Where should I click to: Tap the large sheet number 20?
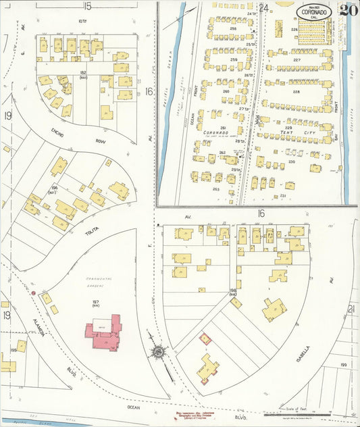349,10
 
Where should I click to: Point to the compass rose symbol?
159,352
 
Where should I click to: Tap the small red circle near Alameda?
33,293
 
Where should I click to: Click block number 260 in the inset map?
225,91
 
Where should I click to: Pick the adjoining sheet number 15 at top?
87,6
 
